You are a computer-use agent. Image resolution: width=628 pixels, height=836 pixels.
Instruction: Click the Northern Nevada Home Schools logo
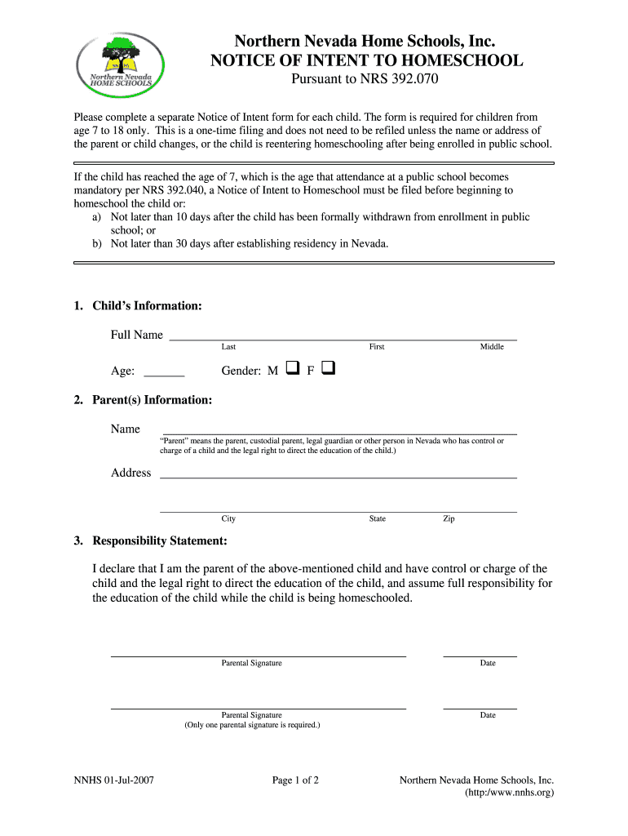(x=123, y=63)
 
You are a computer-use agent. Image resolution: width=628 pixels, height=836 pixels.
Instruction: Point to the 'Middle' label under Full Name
(x=492, y=347)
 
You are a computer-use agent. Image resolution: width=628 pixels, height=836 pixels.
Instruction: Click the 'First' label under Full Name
(x=376, y=347)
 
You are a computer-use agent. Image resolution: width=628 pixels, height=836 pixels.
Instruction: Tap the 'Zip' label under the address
(x=449, y=519)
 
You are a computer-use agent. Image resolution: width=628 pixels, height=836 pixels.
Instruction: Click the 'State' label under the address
(x=377, y=519)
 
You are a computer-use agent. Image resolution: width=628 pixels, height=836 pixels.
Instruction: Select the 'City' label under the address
(x=228, y=519)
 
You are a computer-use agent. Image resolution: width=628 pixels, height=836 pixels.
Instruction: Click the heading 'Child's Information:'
(x=147, y=306)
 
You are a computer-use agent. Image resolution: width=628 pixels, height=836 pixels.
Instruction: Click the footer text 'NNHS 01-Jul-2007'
(x=114, y=780)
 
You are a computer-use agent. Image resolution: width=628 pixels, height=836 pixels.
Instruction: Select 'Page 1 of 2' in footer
(x=295, y=780)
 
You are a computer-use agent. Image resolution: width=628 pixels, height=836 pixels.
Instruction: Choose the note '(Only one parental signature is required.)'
(x=252, y=725)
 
